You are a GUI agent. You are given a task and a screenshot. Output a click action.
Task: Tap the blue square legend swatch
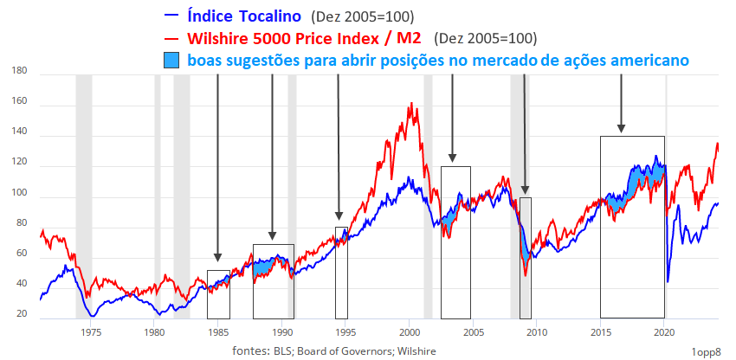pyautogui.click(x=171, y=61)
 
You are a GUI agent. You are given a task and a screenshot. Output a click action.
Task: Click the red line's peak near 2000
pyautogui.click(x=410, y=104)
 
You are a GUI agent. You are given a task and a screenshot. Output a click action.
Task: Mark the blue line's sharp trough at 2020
pyautogui.click(x=668, y=280)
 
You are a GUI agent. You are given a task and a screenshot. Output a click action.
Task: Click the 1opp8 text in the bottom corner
pyautogui.click(x=707, y=350)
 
